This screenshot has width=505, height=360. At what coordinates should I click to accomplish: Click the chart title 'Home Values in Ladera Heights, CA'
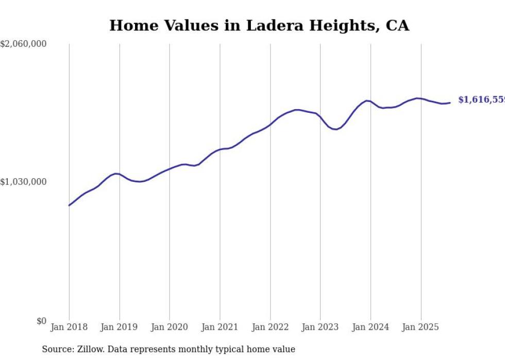pyautogui.click(x=259, y=26)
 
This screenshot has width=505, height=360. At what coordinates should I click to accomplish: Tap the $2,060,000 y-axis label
pyautogui.click(x=23, y=44)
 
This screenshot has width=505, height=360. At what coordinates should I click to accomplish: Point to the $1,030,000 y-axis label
pyautogui.click(x=23, y=182)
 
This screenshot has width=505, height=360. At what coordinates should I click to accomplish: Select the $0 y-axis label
pyautogui.click(x=41, y=321)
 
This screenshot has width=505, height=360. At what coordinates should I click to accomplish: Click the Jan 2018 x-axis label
pyautogui.click(x=69, y=327)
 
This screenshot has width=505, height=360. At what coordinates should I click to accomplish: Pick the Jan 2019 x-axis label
pyautogui.click(x=120, y=327)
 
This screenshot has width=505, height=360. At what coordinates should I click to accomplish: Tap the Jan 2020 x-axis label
pyautogui.click(x=170, y=327)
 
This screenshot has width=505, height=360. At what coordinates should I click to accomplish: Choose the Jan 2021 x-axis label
pyautogui.click(x=220, y=327)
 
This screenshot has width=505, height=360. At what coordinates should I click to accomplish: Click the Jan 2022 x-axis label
pyautogui.click(x=270, y=327)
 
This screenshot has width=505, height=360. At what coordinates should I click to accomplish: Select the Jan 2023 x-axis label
pyautogui.click(x=321, y=327)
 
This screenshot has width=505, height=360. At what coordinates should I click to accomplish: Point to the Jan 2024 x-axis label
pyautogui.click(x=371, y=327)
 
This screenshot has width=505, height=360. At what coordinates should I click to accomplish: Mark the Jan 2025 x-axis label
pyautogui.click(x=421, y=327)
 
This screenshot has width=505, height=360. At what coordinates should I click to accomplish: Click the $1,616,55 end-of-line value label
pyautogui.click(x=481, y=100)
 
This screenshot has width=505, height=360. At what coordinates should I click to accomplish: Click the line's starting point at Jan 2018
pyautogui.click(x=69, y=205)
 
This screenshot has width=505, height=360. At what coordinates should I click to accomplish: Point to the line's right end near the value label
pyautogui.click(x=450, y=102)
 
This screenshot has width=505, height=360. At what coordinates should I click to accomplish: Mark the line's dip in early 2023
pyautogui.click(x=335, y=129)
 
